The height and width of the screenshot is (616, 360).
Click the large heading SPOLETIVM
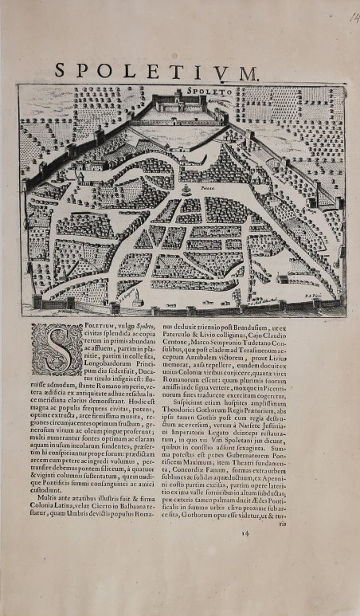[x=157, y=70]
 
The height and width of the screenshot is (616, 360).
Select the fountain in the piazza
[x=186, y=191]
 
